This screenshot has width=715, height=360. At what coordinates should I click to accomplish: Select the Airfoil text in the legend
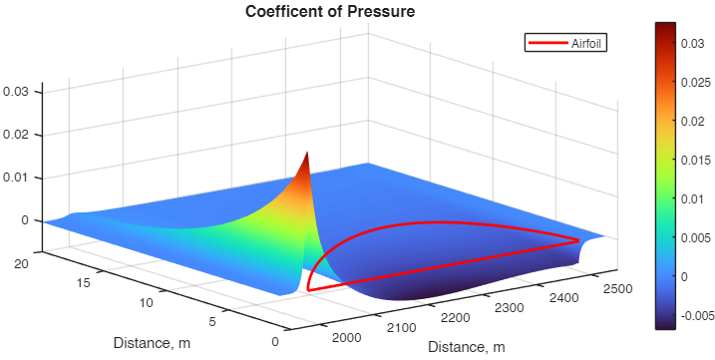coord(588,43)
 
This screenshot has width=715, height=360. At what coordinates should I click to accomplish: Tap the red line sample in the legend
coord(548,43)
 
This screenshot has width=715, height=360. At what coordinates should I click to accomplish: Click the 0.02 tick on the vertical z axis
coord(21,135)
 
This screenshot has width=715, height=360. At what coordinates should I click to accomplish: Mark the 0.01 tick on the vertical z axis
coord(21,178)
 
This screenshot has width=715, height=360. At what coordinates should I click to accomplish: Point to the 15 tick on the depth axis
coord(85,282)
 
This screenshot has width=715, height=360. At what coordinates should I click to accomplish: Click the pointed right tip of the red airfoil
coord(579,240)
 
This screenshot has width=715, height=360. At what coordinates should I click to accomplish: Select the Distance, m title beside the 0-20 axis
coord(151,343)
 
